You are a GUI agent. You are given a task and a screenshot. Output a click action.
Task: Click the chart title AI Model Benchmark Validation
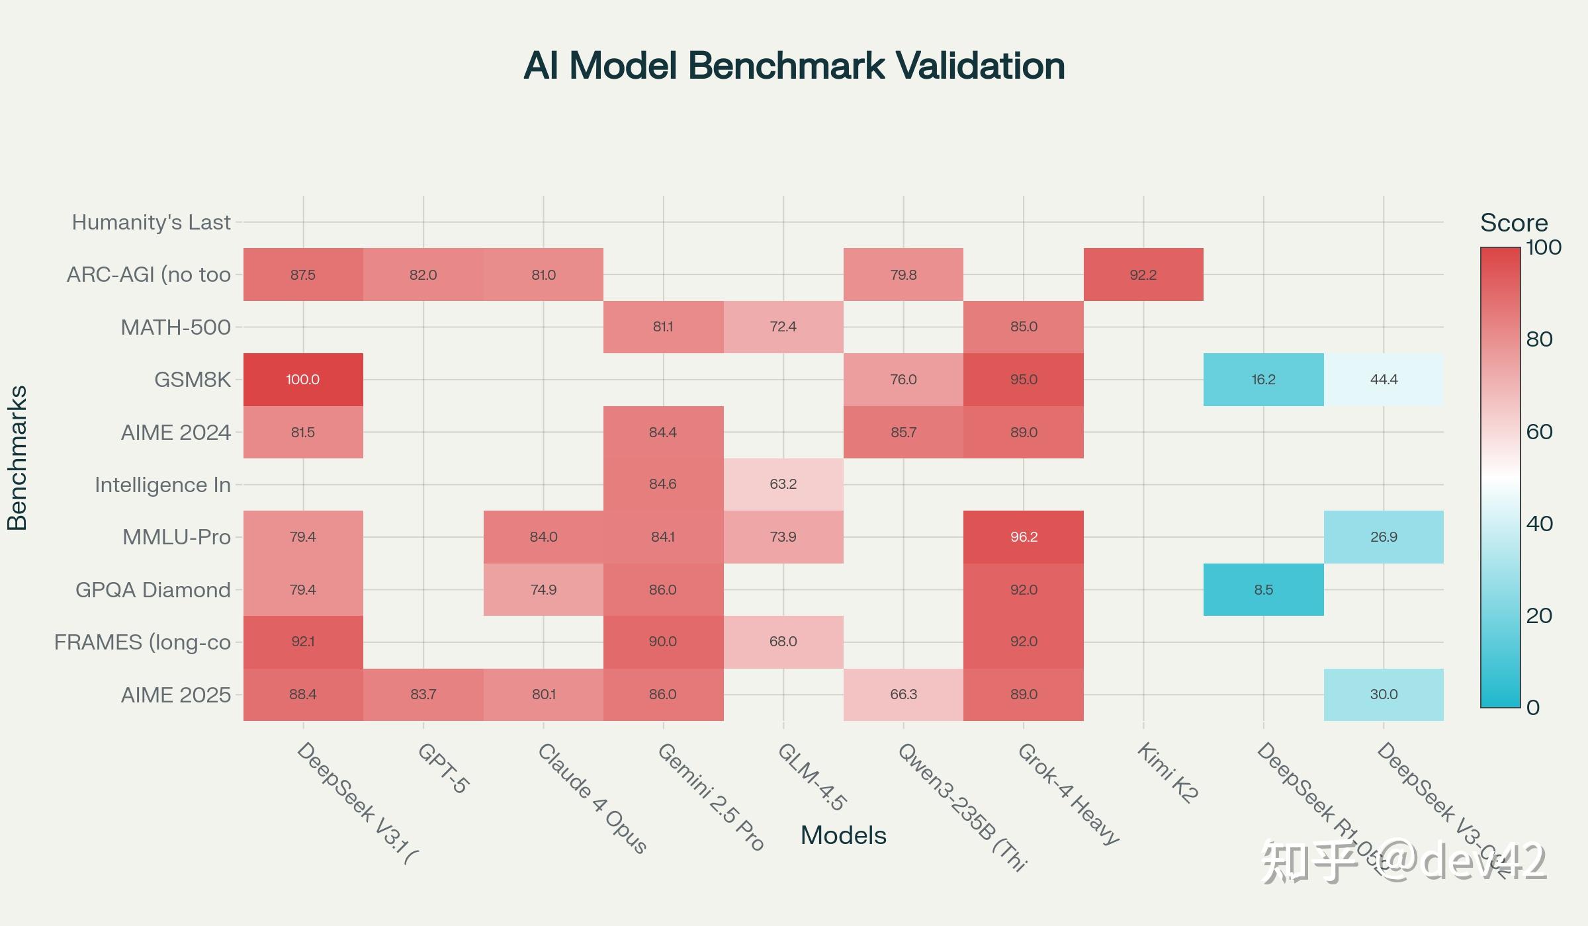[794, 66]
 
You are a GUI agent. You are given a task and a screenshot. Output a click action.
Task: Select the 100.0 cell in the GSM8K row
[303, 380]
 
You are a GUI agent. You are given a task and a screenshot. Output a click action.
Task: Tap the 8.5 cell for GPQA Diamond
[1263, 589]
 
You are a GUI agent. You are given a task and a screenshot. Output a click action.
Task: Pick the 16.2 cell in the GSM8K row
[1263, 380]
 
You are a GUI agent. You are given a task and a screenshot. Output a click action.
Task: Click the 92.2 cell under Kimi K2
[1143, 274]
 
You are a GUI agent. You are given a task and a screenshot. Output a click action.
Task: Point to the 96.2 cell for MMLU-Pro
[1024, 537]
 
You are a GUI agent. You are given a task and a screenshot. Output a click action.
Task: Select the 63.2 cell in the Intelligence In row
[783, 484]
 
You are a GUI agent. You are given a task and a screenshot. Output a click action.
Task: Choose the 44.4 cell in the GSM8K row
[1384, 380]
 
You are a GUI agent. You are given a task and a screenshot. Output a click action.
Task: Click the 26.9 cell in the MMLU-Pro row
[1384, 537]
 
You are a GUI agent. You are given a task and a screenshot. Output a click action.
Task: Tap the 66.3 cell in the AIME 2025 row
[903, 694]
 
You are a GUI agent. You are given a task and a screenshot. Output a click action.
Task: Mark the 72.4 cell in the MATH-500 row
[783, 327]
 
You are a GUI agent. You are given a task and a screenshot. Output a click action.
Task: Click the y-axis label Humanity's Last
[152, 222]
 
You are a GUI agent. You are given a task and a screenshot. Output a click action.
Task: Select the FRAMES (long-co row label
[142, 642]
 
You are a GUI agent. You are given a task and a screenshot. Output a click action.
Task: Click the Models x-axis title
[843, 835]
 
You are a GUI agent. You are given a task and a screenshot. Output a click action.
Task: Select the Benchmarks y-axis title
[17, 458]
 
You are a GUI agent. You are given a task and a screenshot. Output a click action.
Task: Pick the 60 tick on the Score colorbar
[1539, 432]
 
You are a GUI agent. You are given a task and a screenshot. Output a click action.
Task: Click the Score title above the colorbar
[1514, 223]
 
